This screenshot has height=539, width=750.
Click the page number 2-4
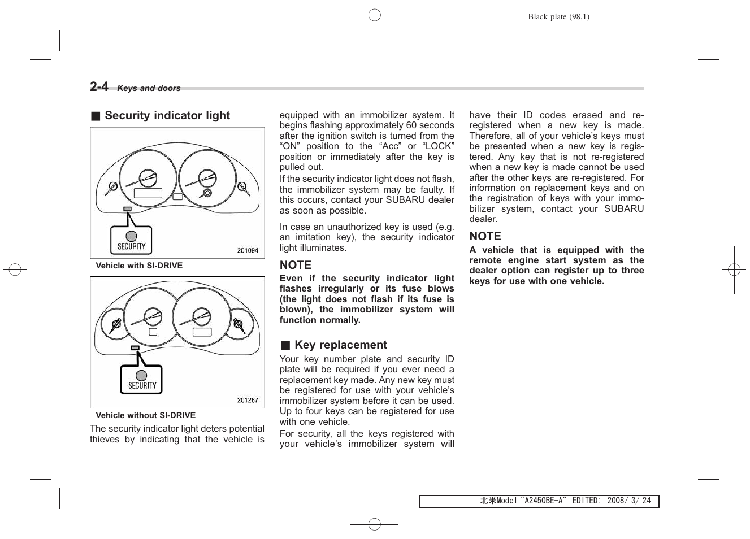click(x=99, y=86)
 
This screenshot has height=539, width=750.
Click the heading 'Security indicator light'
click(x=167, y=116)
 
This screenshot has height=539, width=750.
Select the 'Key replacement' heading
click(x=340, y=345)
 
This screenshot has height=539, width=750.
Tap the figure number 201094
click(x=247, y=250)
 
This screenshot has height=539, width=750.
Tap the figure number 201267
click(x=247, y=400)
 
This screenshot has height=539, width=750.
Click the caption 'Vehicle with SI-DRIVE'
click(x=139, y=266)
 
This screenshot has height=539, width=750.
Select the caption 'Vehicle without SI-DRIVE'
click(x=145, y=415)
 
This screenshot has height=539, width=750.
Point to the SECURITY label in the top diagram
click(x=131, y=246)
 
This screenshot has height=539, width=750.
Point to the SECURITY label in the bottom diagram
click(x=142, y=385)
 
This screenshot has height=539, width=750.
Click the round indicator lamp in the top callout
click(x=131, y=236)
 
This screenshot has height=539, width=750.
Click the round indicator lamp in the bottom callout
click(x=141, y=375)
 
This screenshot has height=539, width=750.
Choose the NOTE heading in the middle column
click(x=295, y=265)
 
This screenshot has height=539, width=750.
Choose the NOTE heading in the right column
click(x=485, y=237)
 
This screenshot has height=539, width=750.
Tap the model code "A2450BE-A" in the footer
click(x=543, y=501)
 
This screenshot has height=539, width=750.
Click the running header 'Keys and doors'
click(x=149, y=88)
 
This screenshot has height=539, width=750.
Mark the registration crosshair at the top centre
click(x=374, y=15)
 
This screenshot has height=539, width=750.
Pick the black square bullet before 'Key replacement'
click(x=285, y=346)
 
